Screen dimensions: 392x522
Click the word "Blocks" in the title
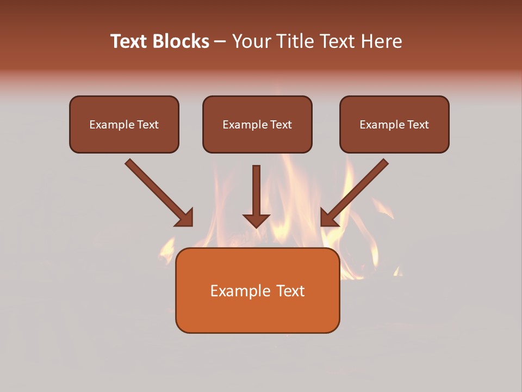point(182,41)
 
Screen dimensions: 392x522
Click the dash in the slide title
point(220,42)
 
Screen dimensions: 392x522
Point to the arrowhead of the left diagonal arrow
point(185,218)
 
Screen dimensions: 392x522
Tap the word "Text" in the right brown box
point(418,125)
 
